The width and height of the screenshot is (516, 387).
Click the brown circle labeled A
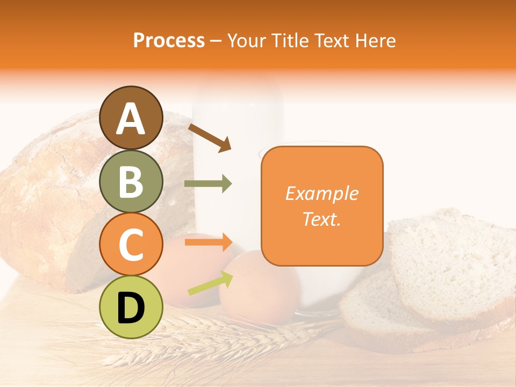click(x=131, y=118)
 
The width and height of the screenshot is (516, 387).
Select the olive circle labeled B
click(x=131, y=181)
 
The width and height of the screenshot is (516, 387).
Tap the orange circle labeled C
click(x=131, y=245)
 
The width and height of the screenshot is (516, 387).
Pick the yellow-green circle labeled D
click(x=131, y=307)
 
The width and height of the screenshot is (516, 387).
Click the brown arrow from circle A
click(x=210, y=137)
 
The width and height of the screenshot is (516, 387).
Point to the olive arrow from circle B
click(x=208, y=184)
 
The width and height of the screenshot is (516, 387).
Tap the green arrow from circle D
click(x=210, y=283)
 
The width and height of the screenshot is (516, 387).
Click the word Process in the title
click(x=169, y=40)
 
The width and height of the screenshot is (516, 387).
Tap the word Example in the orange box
click(x=321, y=193)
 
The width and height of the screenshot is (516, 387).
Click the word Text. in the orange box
click(x=321, y=219)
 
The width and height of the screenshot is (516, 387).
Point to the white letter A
click(x=131, y=119)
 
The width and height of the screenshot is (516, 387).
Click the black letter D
click(x=131, y=308)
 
